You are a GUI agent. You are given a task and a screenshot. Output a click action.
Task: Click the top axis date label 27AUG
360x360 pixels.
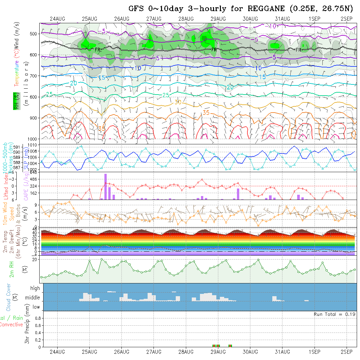[x=154, y=19]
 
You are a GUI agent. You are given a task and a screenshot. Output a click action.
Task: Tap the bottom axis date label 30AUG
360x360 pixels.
[x=250, y=352]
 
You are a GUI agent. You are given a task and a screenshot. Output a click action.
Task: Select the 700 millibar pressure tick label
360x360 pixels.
[x=34, y=76]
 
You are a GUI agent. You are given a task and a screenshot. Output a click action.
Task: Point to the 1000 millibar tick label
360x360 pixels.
[x=33, y=139]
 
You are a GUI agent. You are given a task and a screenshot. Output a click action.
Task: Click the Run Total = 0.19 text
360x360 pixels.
[x=334, y=314]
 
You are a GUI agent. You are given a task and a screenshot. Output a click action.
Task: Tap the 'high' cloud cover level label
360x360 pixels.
[x=35, y=288]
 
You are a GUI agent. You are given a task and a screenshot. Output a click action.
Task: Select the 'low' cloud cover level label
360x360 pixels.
[x=36, y=307]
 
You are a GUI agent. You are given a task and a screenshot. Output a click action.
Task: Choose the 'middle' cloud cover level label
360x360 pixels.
[x=33, y=298]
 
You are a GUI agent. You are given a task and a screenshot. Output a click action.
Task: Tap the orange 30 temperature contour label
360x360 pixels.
[x=178, y=102]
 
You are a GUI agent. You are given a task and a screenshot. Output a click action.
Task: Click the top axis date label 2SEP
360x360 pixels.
[x=346, y=19]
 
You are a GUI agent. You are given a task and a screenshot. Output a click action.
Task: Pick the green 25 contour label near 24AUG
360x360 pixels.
[x=49, y=94]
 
